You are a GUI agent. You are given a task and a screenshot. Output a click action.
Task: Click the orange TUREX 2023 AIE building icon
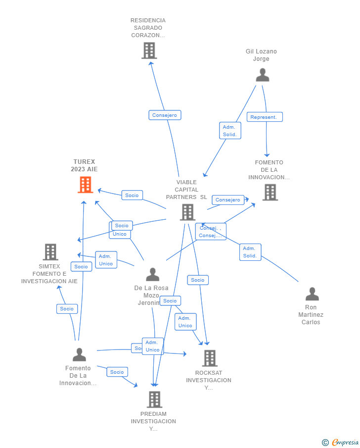[86, 185]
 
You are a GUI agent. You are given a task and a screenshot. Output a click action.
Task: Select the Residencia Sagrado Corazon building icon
[149, 50]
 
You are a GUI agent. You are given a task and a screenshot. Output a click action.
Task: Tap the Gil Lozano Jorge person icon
[262, 75]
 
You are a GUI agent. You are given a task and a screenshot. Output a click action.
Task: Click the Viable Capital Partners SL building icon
[187, 212]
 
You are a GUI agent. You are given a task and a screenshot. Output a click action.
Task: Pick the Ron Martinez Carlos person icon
[312, 294]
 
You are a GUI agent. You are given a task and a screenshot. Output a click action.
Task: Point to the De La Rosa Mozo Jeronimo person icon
[153, 274]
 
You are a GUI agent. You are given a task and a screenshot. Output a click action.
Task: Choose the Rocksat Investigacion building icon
[210, 358]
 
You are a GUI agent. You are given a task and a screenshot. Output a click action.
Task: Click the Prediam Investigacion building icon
[154, 399]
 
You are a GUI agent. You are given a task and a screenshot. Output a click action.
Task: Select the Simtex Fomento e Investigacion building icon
[50, 251]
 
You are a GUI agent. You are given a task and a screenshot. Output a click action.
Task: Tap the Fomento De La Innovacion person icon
[79, 354]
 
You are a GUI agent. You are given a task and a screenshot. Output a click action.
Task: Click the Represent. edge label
[265, 117]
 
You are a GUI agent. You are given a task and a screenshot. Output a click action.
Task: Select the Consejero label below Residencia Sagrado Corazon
[165, 115]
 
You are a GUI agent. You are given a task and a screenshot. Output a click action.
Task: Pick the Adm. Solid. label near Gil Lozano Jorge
[230, 131]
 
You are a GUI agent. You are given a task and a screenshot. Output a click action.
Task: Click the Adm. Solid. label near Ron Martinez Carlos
[250, 252]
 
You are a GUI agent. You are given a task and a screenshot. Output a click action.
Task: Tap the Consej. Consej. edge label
[211, 232]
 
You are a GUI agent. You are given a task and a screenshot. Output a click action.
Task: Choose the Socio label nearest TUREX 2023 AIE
[132, 195]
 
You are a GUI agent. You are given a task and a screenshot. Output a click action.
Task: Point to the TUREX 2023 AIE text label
[84, 165]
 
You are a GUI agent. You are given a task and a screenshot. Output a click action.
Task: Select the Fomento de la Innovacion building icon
[270, 192]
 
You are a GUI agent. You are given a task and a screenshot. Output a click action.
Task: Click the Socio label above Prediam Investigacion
[117, 372]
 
